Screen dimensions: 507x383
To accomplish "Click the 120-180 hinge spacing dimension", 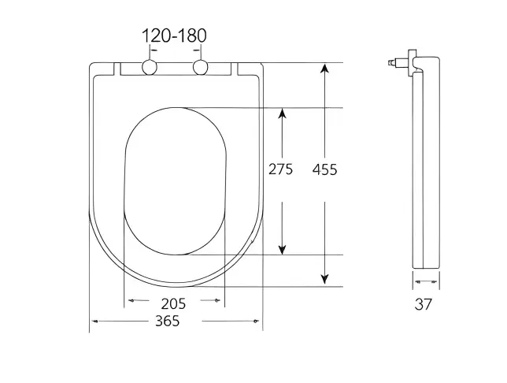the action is (174, 35).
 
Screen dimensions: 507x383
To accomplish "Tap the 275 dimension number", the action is (280, 169).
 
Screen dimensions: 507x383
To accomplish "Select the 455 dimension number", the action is (324, 169).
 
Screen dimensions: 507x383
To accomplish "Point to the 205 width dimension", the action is (174, 303).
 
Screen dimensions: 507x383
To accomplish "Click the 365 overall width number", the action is (168, 322).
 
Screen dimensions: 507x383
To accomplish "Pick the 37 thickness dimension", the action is (424, 304).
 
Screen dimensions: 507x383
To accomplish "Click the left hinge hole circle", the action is (150, 68).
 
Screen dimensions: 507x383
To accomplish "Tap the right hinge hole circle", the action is (201, 68).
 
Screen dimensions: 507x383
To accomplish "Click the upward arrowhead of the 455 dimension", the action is (325, 69).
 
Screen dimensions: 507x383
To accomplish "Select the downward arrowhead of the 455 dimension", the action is (324, 279).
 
